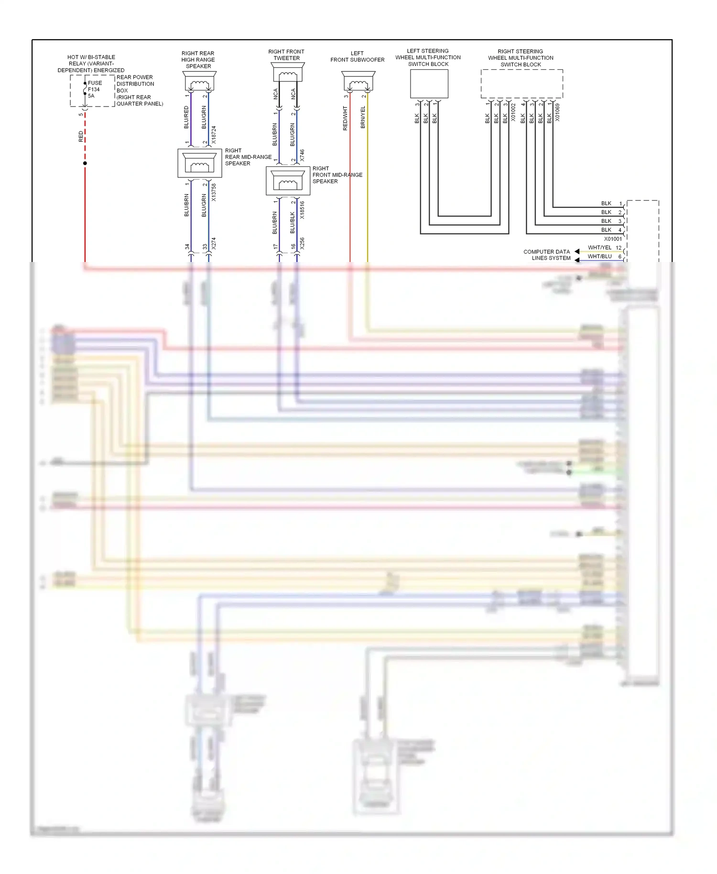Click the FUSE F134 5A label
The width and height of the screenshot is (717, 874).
pyautogui.click(x=94, y=89)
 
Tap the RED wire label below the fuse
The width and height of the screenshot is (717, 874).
pyautogui.click(x=81, y=137)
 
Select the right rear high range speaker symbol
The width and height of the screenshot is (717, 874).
pyautogui.click(x=199, y=81)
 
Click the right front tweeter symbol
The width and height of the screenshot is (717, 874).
pyautogui.click(x=287, y=72)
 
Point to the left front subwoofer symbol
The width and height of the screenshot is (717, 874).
pyautogui.click(x=358, y=81)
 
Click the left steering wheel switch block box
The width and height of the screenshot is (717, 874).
pyautogui.click(x=429, y=84)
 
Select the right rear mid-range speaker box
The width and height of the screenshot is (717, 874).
pyautogui.click(x=199, y=163)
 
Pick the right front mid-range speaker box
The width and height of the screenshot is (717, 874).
pyautogui.click(x=288, y=181)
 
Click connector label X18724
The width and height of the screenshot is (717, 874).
pyautogui.click(x=214, y=135)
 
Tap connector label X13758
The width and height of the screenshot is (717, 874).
pyautogui.click(x=214, y=192)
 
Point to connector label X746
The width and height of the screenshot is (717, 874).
pyautogui.click(x=302, y=155)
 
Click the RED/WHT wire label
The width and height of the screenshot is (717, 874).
pyautogui.click(x=345, y=119)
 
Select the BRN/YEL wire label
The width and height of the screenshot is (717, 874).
pyautogui.click(x=363, y=118)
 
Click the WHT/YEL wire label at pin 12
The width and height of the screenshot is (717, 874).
pyautogui.click(x=599, y=248)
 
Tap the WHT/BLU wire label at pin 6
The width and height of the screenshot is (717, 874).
pyautogui.click(x=599, y=256)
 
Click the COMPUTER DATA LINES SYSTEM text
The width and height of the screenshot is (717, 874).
pyautogui.click(x=547, y=255)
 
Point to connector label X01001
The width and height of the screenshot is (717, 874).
pyautogui.click(x=613, y=239)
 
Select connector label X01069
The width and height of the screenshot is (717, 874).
pyautogui.click(x=557, y=112)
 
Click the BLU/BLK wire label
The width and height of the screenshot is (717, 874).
pyautogui.click(x=292, y=223)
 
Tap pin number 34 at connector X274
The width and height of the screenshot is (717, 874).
pyautogui.click(x=187, y=247)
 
